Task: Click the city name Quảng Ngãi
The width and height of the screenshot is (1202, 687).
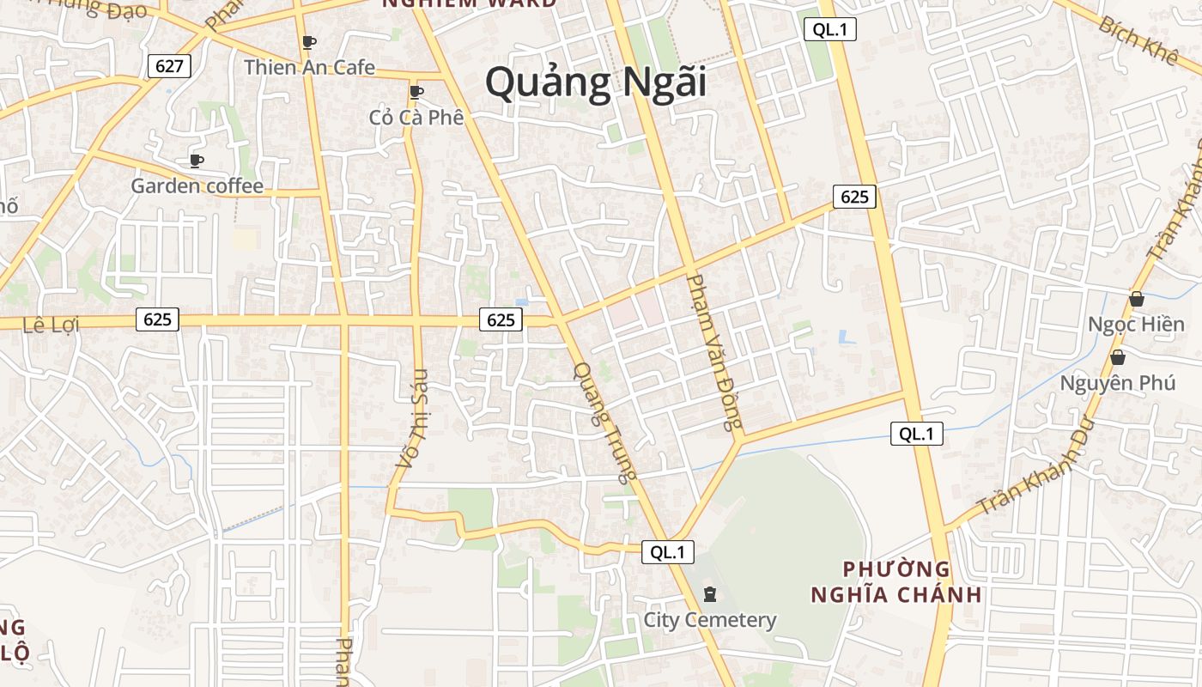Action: [595, 83]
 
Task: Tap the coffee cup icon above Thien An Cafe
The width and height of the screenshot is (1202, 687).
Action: [309, 42]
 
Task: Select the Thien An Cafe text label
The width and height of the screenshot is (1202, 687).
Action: [309, 67]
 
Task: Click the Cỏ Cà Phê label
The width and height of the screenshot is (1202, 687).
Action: [416, 117]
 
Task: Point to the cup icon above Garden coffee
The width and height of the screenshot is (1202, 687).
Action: [197, 161]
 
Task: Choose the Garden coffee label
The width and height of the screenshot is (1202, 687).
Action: [197, 185]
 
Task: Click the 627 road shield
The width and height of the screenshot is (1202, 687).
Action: [169, 66]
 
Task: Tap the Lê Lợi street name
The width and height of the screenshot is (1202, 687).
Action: [51, 325]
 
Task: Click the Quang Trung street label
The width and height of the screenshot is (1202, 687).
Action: [606, 421]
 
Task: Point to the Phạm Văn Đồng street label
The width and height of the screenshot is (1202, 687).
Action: [713, 352]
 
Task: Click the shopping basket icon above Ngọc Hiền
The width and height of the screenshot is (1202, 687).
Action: [1136, 300]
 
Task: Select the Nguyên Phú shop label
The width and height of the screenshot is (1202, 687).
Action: [1117, 383]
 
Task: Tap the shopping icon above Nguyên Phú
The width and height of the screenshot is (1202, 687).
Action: [1117, 357]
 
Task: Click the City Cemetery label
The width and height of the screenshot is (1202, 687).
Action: [710, 620]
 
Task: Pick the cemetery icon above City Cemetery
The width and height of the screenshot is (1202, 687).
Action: [710, 593]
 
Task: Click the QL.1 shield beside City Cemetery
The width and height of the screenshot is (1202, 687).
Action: [667, 552]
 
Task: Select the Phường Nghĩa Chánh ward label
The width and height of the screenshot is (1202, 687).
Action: [896, 581]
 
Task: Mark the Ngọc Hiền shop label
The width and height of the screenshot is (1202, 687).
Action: [1136, 325]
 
